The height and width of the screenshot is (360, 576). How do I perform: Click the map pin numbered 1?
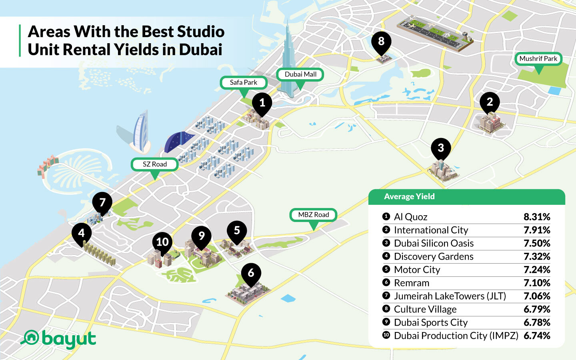point(262,104)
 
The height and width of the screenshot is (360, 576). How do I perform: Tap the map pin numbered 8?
point(381,42)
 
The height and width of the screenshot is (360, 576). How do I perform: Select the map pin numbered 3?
point(441,148)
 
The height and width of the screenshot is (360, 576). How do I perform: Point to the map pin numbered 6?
point(251,274)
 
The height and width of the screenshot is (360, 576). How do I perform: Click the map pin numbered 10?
point(162,242)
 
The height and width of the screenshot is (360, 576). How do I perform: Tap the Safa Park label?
point(244,82)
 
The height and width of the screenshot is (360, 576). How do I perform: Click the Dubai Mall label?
point(300,74)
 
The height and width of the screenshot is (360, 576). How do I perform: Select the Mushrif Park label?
point(538,59)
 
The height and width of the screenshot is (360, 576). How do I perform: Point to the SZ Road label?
point(155,164)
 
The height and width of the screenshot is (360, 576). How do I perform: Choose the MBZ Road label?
point(314,215)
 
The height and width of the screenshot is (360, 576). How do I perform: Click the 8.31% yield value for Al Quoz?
point(537,217)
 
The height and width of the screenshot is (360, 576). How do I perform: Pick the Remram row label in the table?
point(412,283)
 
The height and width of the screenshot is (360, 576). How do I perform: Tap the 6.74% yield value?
point(537,336)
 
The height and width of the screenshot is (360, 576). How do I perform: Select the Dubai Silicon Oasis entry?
point(434,243)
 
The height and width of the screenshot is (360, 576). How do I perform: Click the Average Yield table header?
point(409,196)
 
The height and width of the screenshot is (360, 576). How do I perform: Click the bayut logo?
point(59,339)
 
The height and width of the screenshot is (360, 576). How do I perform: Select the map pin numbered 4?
point(82,233)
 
